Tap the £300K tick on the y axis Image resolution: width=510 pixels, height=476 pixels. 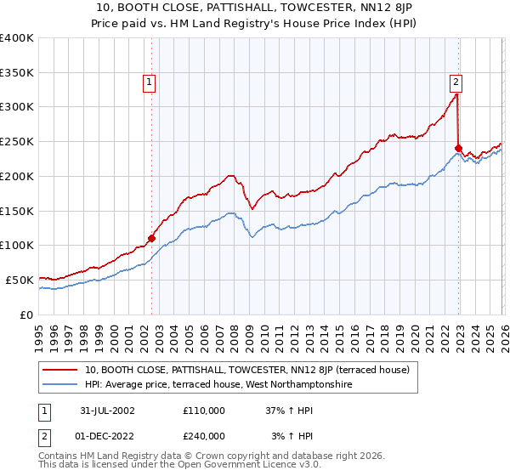click(x=17, y=107)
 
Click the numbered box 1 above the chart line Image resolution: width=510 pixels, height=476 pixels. click(x=149, y=82)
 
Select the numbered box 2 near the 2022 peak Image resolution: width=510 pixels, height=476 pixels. click(x=456, y=82)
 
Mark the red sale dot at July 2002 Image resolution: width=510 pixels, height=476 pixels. click(x=152, y=239)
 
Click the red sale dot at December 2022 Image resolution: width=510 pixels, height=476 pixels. click(x=458, y=149)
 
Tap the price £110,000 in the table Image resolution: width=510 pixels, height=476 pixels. click(x=203, y=410)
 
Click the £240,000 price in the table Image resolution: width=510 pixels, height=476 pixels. click(x=203, y=435)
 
